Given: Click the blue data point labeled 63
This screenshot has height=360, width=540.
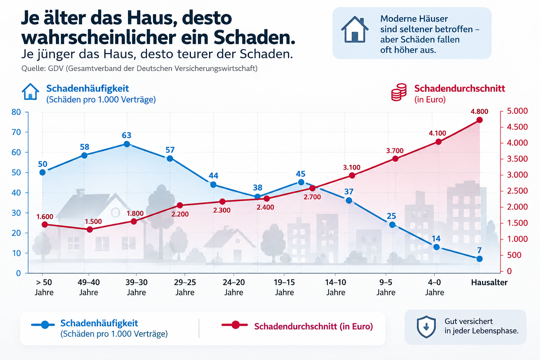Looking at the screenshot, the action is click(x=127, y=144).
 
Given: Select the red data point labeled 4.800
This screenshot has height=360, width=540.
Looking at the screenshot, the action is click(x=480, y=120).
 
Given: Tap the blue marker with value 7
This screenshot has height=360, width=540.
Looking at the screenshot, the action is click(x=480, y=259).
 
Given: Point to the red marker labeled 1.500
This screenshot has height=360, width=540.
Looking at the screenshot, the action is click(x=90, y=229).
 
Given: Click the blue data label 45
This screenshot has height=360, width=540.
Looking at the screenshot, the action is click(x=300, y=174).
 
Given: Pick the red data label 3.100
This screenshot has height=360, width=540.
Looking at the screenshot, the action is click(x=352, y=167).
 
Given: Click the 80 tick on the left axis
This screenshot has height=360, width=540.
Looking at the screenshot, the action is click(x=16, y=112).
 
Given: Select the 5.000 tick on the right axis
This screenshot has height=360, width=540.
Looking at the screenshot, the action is click(x=517, y=111).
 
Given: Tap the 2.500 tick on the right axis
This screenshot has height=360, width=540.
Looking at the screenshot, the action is click(x=517, y=191).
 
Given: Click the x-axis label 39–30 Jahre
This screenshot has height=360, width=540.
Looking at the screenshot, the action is click(x=136, y=287).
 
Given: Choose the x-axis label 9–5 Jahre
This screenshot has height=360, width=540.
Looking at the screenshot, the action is click(x=386, y=287).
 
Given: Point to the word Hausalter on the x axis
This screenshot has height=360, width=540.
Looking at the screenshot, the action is click(x=489, y=282).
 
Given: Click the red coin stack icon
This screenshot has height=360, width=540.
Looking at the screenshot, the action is click(x=399, y=92).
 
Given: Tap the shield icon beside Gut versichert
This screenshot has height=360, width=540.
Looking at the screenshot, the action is click(x=426, y=327).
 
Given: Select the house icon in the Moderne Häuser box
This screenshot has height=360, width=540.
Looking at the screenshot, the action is click(x=355, y=30).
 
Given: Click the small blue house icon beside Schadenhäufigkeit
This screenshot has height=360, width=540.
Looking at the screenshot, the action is click(x=30, y=92).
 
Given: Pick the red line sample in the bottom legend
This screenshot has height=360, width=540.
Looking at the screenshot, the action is click(x=235, y=325).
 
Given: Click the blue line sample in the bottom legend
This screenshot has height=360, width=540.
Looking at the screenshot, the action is click(x=43, y=325).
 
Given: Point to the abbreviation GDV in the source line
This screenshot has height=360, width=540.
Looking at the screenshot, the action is click(x=56, y=69).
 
